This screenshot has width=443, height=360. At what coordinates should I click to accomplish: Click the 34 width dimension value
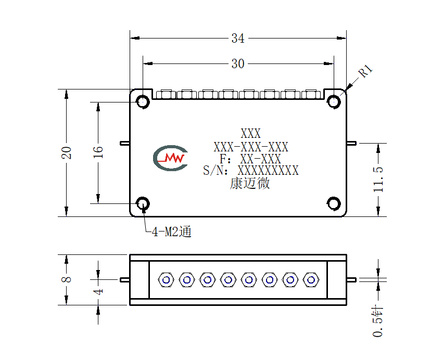click(238, 38)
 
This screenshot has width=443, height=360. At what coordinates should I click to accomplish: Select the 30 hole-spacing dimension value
click(238, 64)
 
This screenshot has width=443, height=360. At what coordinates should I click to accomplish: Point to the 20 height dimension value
click(67, 153)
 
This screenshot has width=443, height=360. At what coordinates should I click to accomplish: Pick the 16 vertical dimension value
click(98, 152)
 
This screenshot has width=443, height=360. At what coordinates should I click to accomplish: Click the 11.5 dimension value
click(378, 179)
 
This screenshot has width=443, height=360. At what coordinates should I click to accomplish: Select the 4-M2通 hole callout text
click(172, 232)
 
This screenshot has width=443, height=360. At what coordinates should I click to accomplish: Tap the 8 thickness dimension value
click(67, 279)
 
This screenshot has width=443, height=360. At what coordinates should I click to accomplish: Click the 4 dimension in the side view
click(98, 292)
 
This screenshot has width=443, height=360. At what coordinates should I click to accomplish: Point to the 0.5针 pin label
click(378, 322)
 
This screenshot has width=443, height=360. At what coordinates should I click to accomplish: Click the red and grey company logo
click(170, 158)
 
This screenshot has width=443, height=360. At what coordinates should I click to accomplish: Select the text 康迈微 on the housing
click(250, 183)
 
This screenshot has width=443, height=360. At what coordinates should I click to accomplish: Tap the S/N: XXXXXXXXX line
click(251, 171)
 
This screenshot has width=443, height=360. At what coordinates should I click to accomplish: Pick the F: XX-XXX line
click(250, 159)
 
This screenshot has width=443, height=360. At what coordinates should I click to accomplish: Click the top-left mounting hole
click(143, 101)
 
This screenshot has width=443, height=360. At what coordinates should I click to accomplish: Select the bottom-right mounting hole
click(334, 203)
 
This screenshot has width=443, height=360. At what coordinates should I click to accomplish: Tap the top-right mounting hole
click(334, 101)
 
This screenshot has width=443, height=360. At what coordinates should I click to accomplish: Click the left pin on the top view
click(125, 144)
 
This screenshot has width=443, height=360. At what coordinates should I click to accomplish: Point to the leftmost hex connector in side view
click(166, 280)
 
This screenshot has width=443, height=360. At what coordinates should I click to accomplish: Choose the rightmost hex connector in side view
click(311, 280)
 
